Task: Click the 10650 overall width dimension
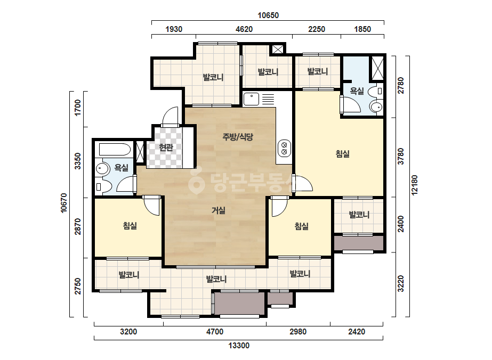click(268, 15)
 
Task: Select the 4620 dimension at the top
click(244, 29)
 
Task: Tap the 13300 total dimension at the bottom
click(239, 346)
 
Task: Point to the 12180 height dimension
click(415, 185)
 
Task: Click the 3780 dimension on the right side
click(401, 157)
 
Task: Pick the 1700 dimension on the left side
click(77, 108)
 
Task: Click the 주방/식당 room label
click(238, 137)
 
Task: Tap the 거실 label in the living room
click(219, 210)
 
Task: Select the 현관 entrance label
click(166, 147)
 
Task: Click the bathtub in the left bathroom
click(115, 150)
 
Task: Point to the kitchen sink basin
click(251, 99)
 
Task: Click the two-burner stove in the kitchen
click(284, 149)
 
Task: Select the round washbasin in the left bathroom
click(102, 169)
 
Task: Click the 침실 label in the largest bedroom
click(342, 154)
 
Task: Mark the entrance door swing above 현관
click(171, 116)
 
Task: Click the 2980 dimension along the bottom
click(298, 331)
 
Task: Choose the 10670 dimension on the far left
click(63, 203)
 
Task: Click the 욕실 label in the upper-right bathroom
click(357, 91)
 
